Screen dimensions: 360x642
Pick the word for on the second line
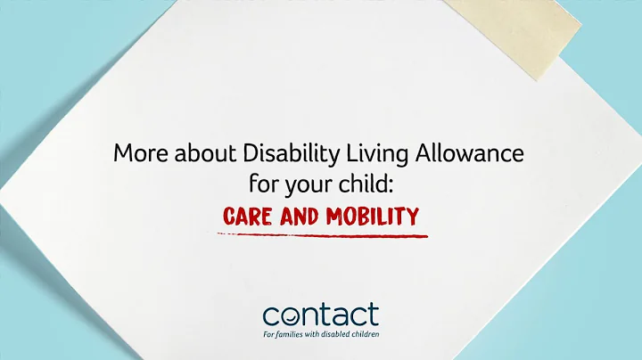(263, 186)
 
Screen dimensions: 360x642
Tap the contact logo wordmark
(320, 315)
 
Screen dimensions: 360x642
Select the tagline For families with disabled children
(320, 334)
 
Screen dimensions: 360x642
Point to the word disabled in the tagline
(333, 334)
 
